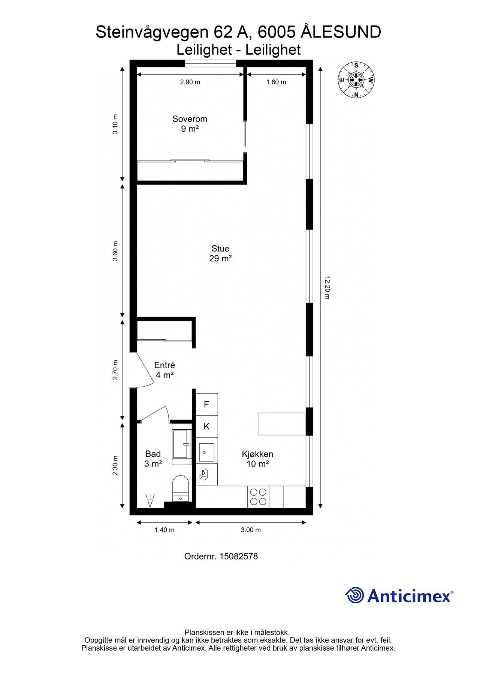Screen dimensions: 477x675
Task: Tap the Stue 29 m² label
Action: (x=220, y=253)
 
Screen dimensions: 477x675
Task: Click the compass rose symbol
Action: (x=356, y=80)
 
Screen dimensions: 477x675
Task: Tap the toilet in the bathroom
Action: (x=181, y=488)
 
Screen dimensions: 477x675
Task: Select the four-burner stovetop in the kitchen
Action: (x=258, y=496)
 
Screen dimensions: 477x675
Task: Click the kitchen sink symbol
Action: (x=206, y=452)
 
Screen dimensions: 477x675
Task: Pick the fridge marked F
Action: (x=206, y=404)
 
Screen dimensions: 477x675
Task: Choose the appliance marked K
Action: (x=206, y=426)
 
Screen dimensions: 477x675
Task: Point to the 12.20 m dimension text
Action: (x=327, y=288)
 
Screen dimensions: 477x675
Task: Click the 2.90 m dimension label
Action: (x=190, y=82)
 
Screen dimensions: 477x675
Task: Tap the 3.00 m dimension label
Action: (x=251, y=530)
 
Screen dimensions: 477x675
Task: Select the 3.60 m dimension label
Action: (x=115, y=251)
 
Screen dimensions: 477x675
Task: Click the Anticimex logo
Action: (x=399, y=595)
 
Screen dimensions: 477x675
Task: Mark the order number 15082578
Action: (x=238, y=556)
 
